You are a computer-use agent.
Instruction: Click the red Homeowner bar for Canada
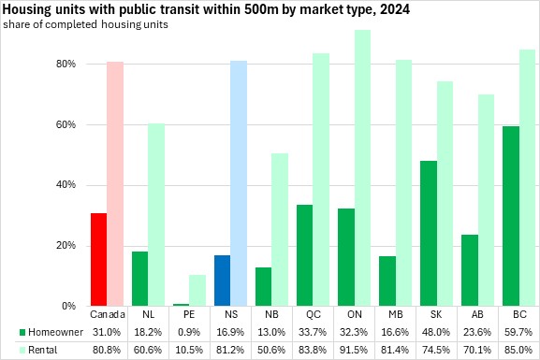(x=98, y=260)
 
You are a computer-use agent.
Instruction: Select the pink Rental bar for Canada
(x=115, y=184)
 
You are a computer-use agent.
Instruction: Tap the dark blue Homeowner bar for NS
(x=222, y=281)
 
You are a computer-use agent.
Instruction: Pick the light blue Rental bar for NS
(x=239, y=183)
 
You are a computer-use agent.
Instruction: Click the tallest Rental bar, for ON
(x=362, y=168)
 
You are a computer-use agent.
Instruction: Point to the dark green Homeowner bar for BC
(x=511, y=216)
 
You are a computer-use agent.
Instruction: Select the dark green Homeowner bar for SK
(x=429, y=234)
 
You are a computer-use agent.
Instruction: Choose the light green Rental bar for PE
(x=197, y=291)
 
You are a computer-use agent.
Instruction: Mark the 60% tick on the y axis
(x=66, y=124)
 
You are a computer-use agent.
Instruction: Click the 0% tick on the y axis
(x=68, y=306)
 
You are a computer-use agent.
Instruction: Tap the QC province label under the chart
(x=313, y=314)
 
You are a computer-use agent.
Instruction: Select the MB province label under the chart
(x=395, y=314)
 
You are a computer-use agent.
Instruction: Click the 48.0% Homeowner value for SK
(x=436, y=332)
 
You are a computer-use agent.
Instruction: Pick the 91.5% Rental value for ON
(x=354, y=350)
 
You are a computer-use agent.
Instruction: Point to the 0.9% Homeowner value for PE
(x=189, y=332)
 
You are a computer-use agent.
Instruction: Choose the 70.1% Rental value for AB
(x=477, y=350)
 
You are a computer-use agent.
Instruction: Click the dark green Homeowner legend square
(x=22, y=333)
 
